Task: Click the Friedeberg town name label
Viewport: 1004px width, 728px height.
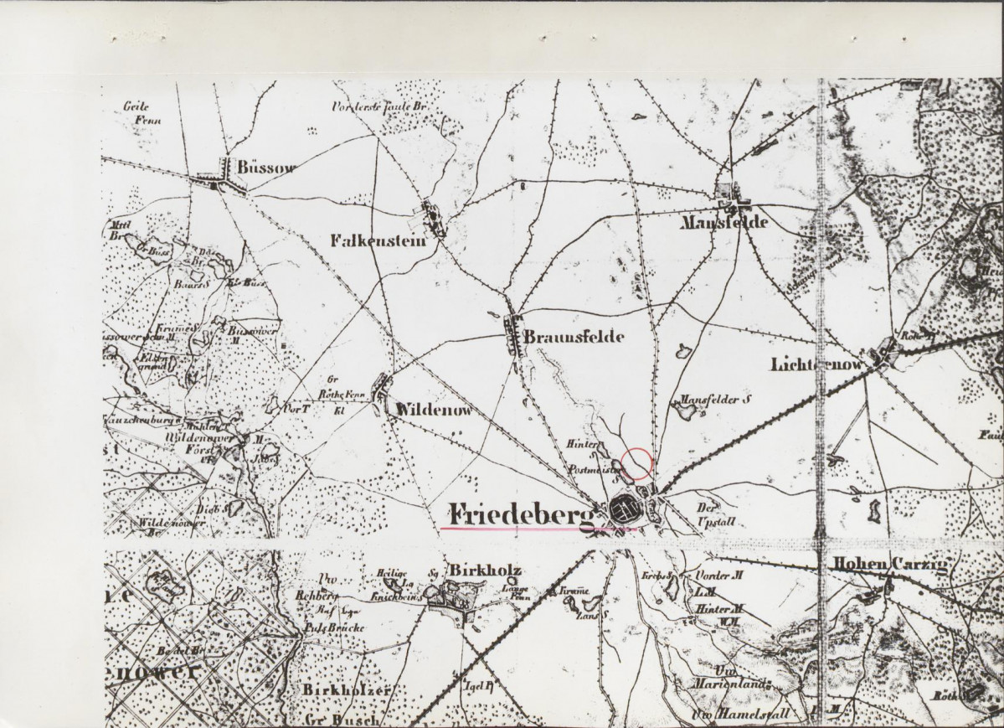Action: tap(520, 512)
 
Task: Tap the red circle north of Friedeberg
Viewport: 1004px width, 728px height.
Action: tap(637, 463)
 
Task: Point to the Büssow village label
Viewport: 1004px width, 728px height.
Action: tap(267, 168)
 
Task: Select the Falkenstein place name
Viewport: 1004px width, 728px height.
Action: tap(378, 241)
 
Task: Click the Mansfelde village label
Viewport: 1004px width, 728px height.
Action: tap(724, 223)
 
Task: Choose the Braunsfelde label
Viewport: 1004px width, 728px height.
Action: tap(574, 337)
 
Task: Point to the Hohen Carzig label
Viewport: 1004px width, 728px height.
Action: tap(888, 565)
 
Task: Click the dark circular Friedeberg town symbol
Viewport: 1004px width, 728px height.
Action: tap(624, 510)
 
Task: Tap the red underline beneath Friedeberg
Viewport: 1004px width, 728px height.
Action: tap(536, 529)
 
